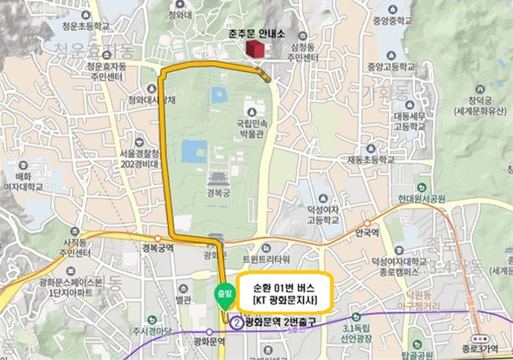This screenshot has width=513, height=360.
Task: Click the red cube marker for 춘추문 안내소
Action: [254, 49]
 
